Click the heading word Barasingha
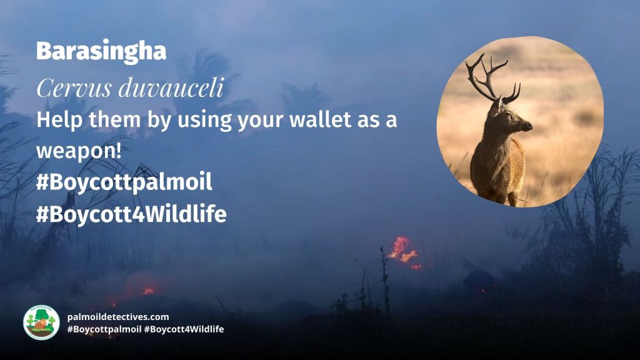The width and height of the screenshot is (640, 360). coord(101,51)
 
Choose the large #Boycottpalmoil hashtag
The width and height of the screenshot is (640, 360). coord(124,183)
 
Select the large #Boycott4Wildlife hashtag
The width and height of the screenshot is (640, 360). coord(131,214)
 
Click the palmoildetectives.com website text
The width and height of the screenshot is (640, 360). coord(117,317)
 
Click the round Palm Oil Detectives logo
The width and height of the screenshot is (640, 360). coord(41,322)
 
